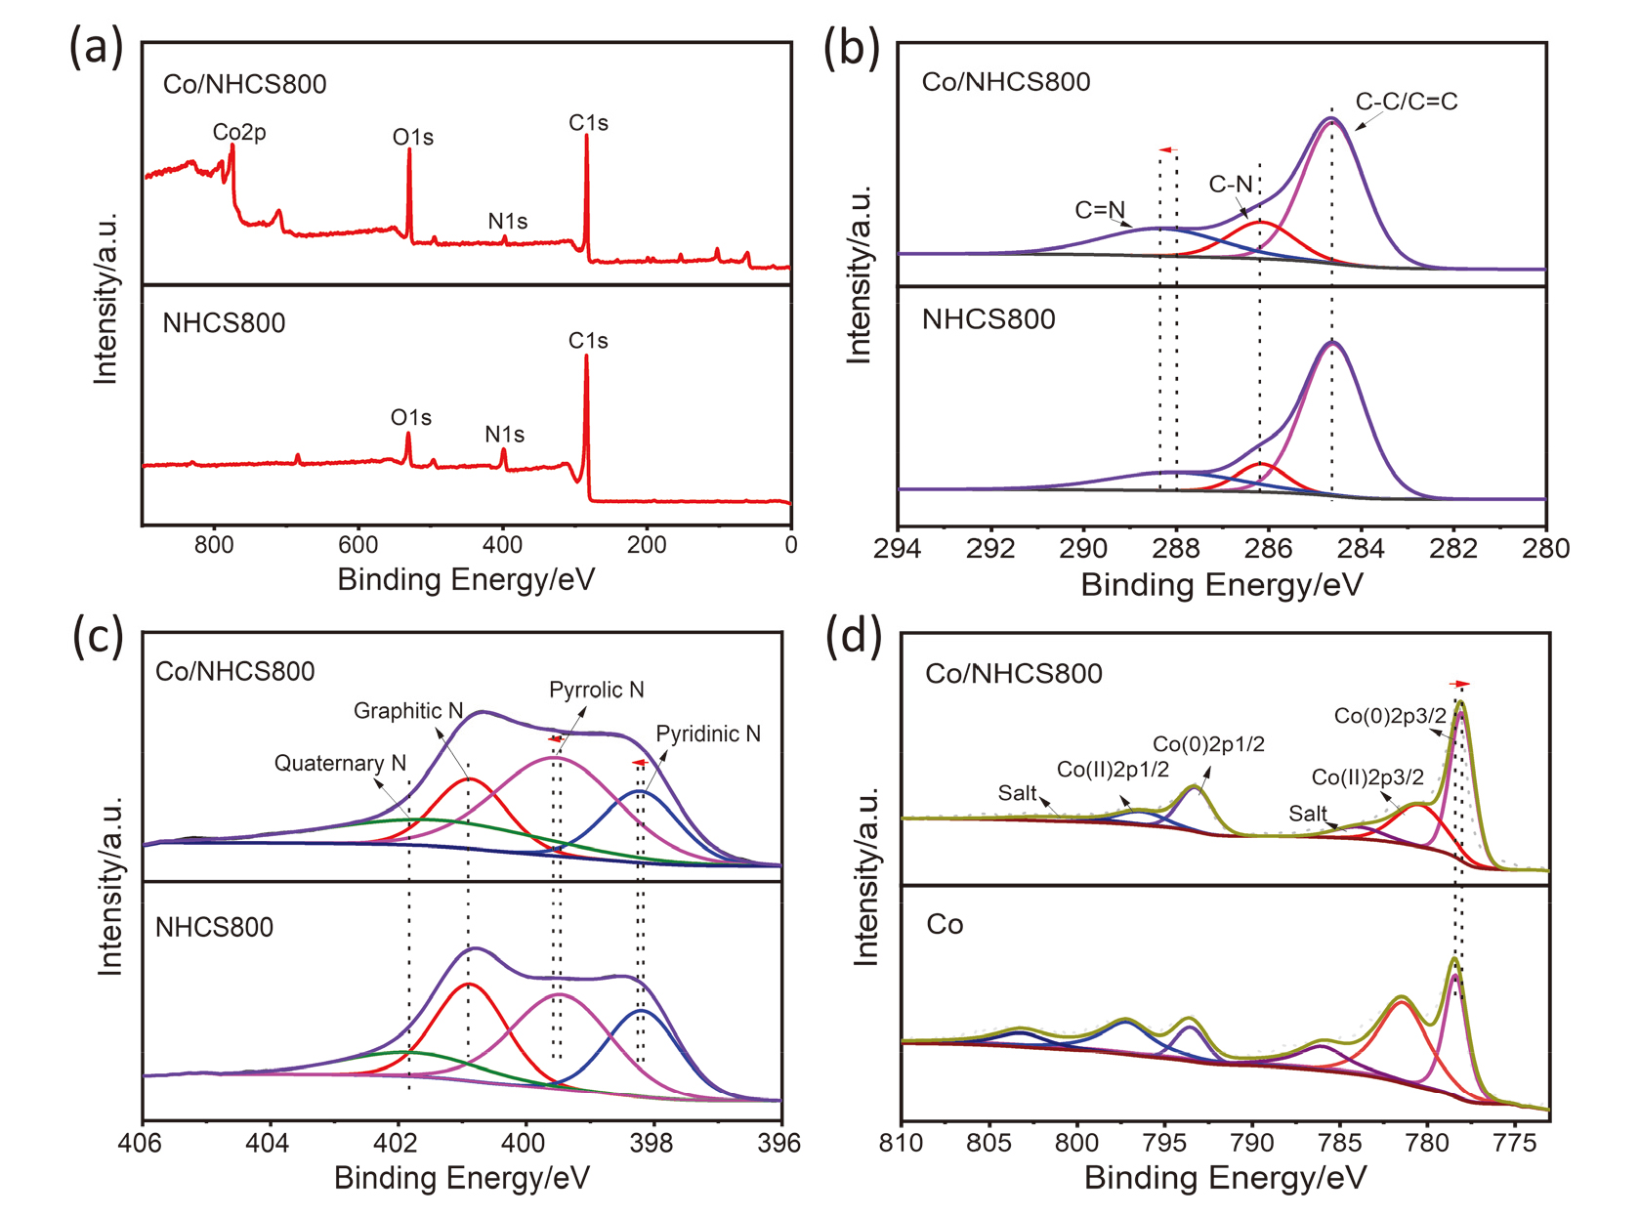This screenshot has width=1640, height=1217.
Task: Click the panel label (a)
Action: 96,48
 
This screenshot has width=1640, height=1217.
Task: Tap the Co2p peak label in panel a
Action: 239,132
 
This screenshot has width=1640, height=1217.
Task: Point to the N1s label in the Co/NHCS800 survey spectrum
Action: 508,222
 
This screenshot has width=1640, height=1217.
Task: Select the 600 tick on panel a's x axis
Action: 358,545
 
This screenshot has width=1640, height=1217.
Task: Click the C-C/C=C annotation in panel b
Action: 1406,102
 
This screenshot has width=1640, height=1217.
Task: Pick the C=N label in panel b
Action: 1100,210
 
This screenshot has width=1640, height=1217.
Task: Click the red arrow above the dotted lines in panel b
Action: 1166,150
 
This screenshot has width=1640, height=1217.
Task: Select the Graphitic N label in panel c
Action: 407,711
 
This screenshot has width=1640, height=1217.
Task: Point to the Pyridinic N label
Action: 708,734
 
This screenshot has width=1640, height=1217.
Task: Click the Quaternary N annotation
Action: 339,763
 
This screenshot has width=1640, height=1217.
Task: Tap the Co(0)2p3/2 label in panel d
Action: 1390,716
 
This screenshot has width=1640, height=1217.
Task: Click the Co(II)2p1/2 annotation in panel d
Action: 1113,770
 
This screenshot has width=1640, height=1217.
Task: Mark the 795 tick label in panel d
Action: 1165,1142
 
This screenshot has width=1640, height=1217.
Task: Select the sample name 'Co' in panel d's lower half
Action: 945,925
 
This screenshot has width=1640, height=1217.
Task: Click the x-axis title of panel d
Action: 1225,1178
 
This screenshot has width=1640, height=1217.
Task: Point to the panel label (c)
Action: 98,636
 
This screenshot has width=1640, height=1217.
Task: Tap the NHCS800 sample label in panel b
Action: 988,319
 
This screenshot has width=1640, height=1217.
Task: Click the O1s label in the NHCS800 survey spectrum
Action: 411,418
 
